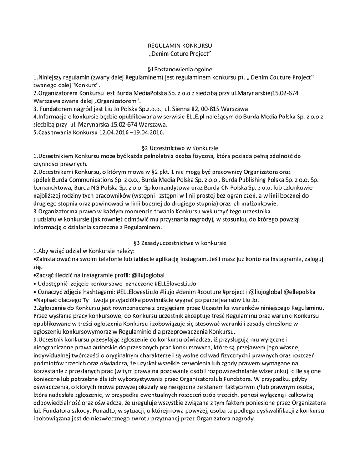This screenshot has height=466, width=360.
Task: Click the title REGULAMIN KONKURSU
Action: point(180,47)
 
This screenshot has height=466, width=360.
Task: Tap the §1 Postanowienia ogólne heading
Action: point(180,70)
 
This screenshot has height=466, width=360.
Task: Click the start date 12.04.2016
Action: point(113,132)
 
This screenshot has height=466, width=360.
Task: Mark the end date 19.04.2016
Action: point(147,132)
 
